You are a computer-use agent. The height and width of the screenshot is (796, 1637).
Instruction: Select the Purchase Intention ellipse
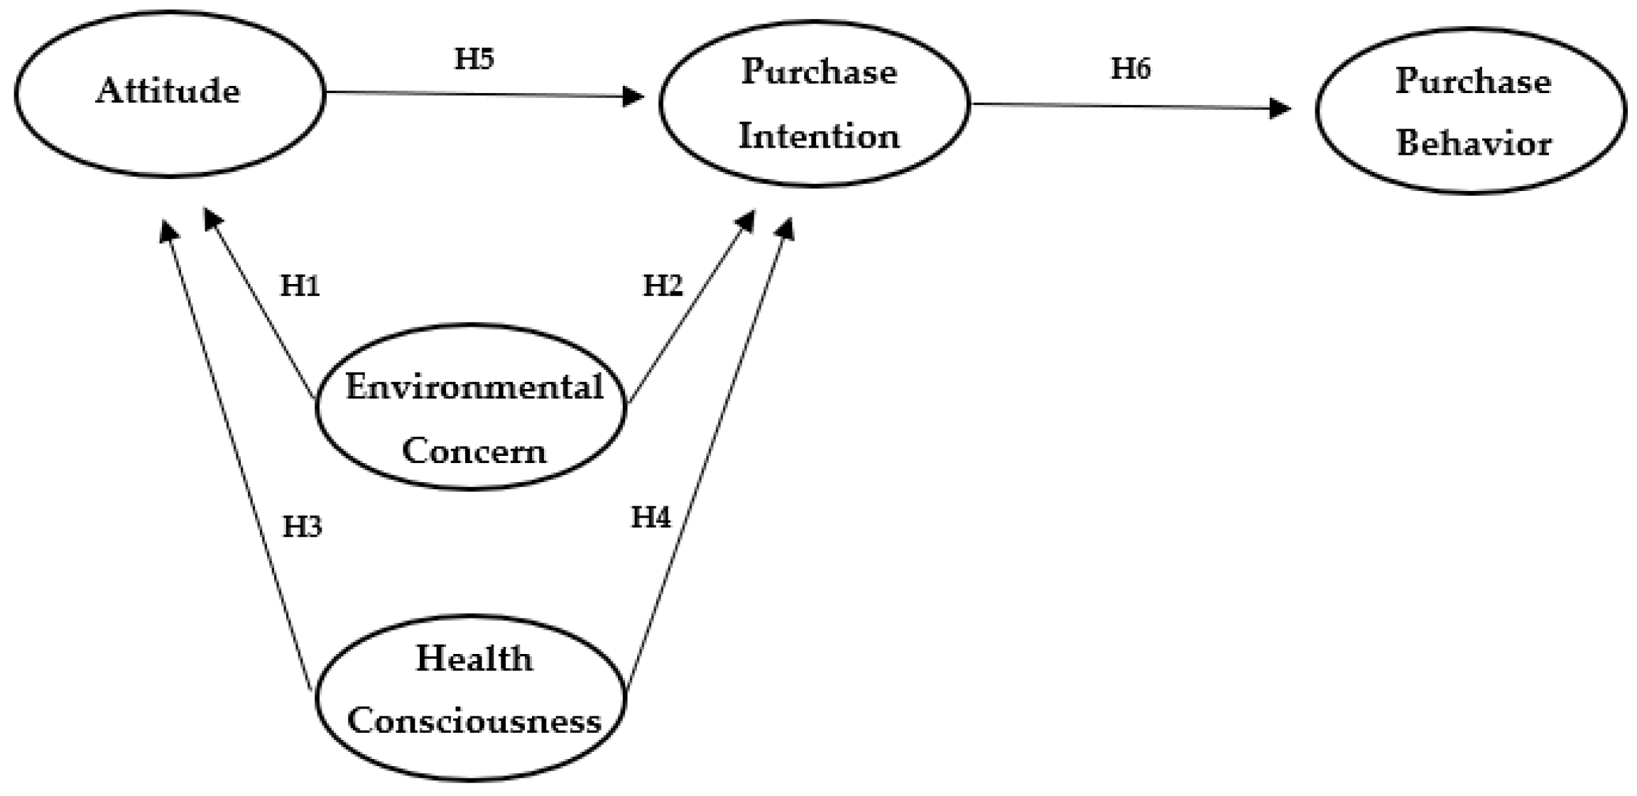(x=814, y=104)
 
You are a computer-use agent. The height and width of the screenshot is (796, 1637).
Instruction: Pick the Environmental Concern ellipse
(x=471, y=408)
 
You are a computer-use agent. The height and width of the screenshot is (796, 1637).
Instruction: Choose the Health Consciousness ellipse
(x=471, y=697)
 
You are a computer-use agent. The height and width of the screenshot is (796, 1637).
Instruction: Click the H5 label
(x=474, y=59)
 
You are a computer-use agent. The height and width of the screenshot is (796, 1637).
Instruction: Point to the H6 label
(x=1130, y=69)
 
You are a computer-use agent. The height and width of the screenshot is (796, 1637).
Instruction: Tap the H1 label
(x=300, y=285)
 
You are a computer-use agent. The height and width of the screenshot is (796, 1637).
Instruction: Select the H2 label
(x=662, y=285)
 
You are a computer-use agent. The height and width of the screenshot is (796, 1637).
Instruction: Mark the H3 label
(x=302, y=527)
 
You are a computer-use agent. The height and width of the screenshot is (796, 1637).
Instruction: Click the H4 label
(x=651, y=517)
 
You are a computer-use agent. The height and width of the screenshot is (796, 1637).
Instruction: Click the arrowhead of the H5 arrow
(x=632, y=96)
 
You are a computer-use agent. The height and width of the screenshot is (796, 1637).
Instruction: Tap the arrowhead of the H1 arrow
(x=211, y=217)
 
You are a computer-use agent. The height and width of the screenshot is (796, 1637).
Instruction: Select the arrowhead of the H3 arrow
(x=168, y=230)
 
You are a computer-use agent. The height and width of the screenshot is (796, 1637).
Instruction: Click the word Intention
(x=819, y=136)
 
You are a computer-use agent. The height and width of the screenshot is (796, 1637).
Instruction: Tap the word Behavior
(x=1474, y=143)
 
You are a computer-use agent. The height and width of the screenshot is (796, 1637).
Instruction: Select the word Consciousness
(x=474, y=721)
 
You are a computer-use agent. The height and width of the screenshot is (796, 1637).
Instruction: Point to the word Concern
(x=474, y=451)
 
